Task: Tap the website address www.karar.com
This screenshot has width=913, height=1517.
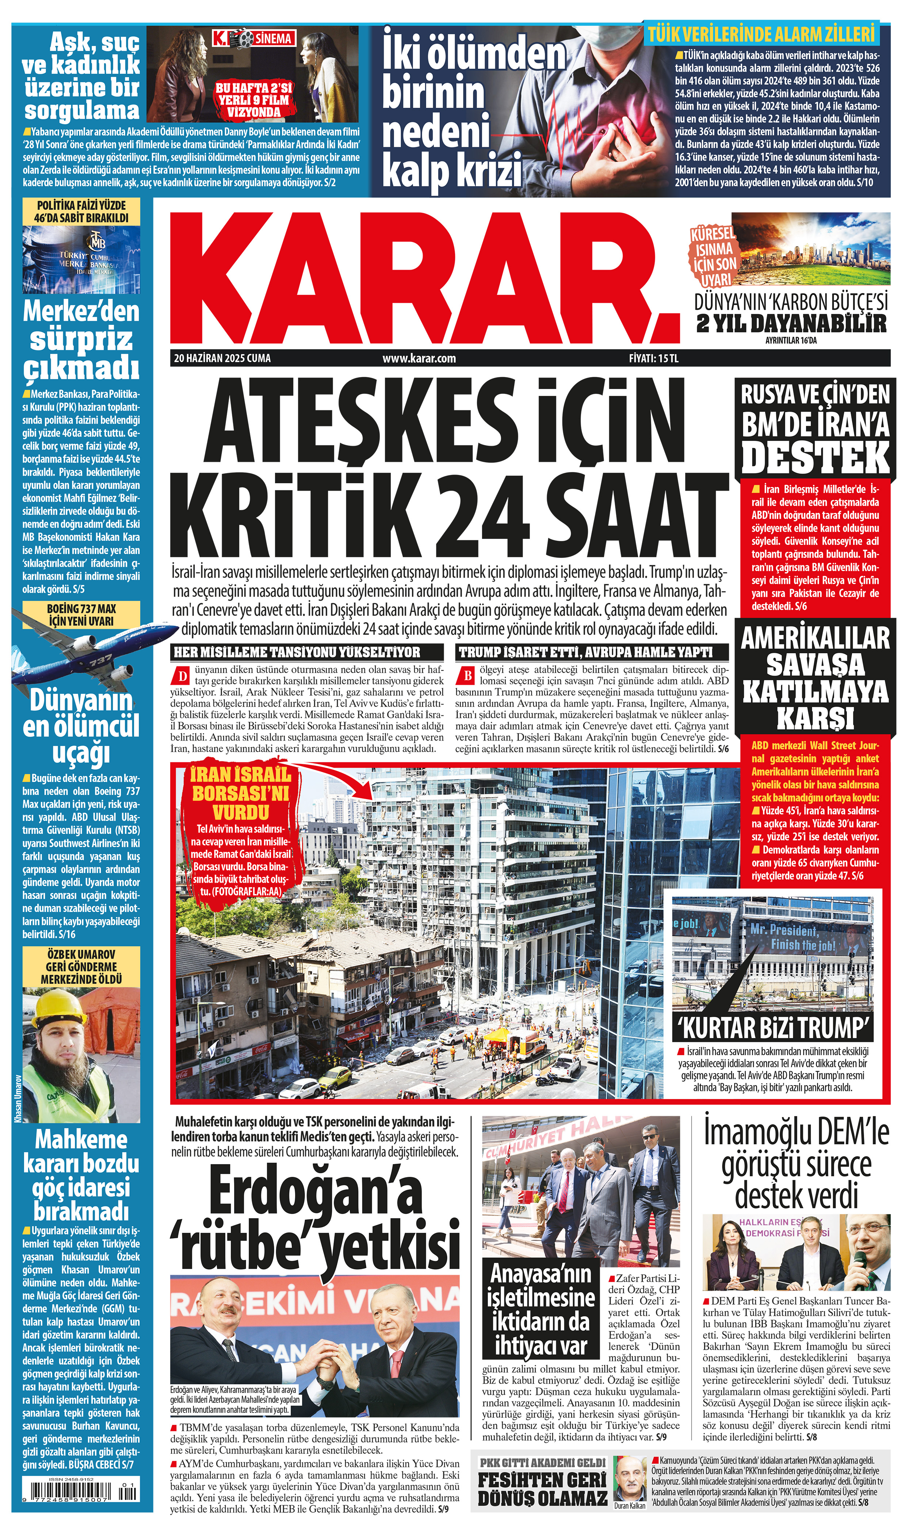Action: pyautogui.click(x=419, y=358)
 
